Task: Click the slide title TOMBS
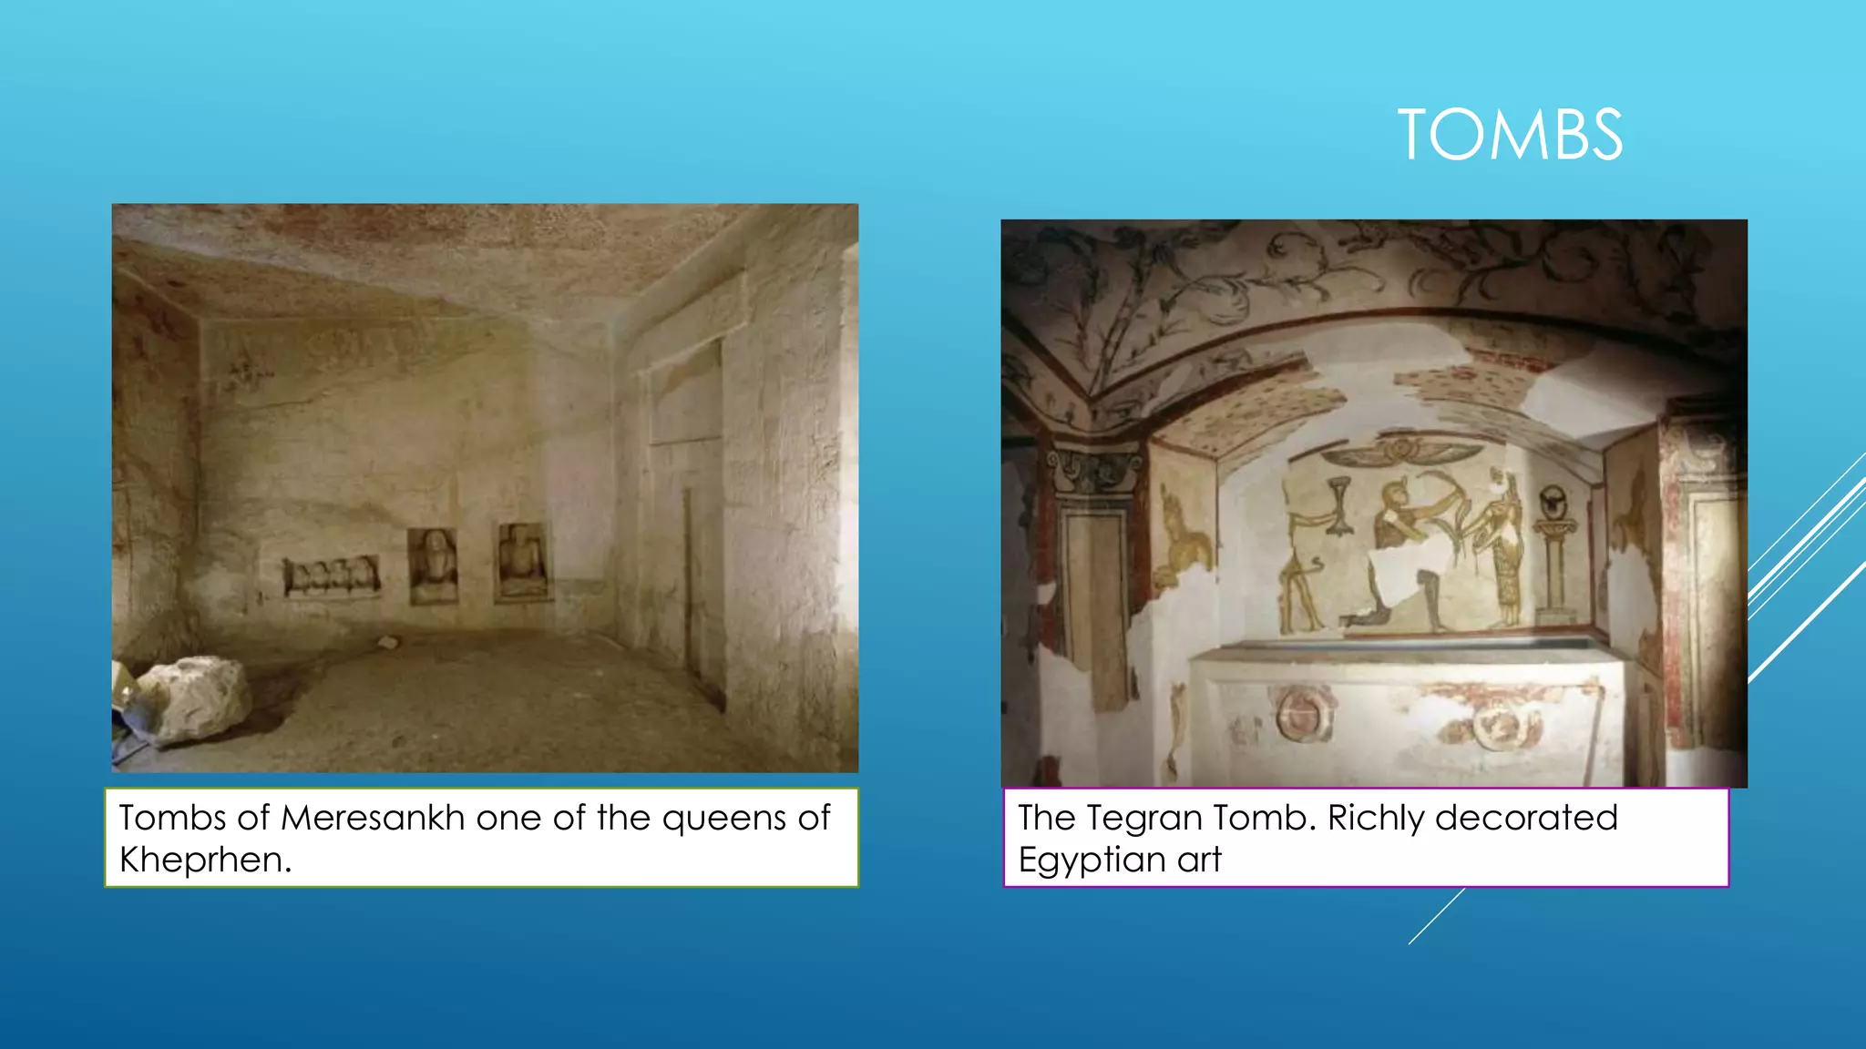point(1510,135)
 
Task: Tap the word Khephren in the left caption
point(204,860)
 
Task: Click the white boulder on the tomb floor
point(193,697)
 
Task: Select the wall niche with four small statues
point(332,575)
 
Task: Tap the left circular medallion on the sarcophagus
point(1303,713)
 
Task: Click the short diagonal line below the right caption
point(1436,916)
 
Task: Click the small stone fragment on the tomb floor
point(389,643)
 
